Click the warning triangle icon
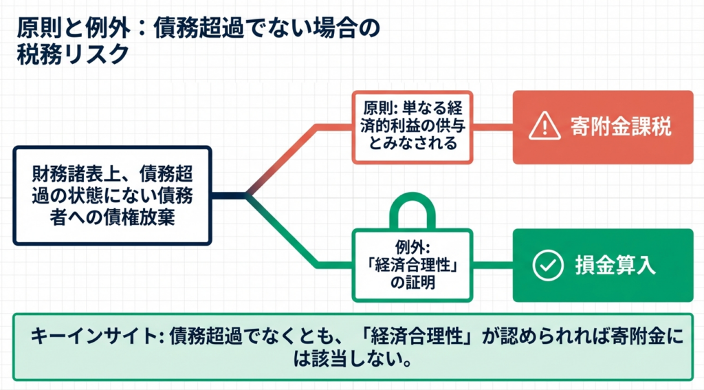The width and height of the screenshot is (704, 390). coord(544,127)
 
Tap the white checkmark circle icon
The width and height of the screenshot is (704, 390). coord(548,266)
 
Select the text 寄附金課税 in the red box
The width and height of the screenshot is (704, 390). coord(621,127)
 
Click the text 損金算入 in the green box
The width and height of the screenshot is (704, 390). coord(615,265)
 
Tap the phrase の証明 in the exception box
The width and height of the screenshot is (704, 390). coord(412,283)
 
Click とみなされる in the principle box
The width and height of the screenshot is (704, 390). coord(412,143)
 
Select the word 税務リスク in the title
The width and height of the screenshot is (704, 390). coord(73,55)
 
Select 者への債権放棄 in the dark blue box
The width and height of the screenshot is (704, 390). coord(112,217)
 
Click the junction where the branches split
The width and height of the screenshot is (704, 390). coord(247,195)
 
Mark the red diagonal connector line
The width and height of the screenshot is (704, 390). coord(283,161)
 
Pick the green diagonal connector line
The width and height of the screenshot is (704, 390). coord(283,231)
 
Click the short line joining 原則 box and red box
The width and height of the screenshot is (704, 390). coord(493,127)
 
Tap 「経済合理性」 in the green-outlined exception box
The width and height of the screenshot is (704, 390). coord(412,265)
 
